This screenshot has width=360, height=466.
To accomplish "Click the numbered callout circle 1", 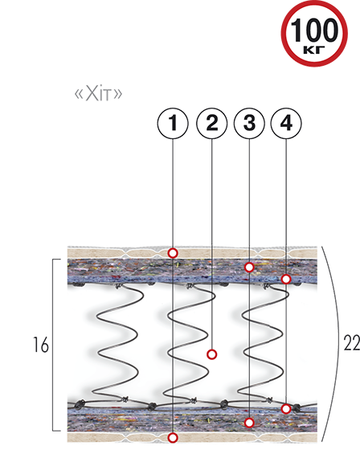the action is click(173, 124).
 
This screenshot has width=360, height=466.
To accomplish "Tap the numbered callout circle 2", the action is click(211, 124).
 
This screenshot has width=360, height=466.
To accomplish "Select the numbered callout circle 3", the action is click(249, 124).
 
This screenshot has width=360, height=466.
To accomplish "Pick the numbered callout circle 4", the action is click(286, 124).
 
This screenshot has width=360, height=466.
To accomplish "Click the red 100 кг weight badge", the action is click(314, 34).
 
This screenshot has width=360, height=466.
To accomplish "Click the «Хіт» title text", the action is click(98, 94).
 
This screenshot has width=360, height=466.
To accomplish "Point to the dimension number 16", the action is click(40, 345).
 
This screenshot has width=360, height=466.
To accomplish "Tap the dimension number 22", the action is click(352, 342).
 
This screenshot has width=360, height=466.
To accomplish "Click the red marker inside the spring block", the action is click(211, 354).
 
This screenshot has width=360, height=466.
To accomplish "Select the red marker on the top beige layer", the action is click(173, 253).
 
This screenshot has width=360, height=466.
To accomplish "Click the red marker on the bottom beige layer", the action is click(173, 438).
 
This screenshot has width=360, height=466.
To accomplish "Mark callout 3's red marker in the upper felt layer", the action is click(249, 268).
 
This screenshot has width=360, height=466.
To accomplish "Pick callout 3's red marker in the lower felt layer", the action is click(249, 423).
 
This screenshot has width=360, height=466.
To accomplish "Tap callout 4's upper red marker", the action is click(286, 279).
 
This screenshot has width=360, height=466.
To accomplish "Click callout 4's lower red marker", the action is click(286, 409).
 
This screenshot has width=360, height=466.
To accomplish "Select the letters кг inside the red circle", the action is click(314, 50).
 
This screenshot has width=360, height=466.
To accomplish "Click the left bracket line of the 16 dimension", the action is click(53, 345).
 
